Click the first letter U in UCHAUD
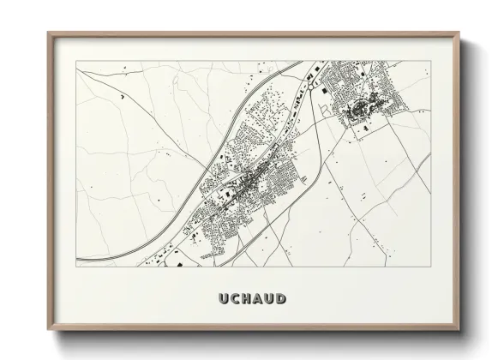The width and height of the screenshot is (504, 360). point(214,299)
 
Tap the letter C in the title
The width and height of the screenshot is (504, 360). point(228,299)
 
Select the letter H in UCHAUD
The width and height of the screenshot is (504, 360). point(242,299)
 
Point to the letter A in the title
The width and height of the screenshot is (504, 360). point(255,299)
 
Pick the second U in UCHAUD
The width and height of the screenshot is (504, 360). point(268,299)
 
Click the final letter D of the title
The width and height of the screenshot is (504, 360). point(282,299)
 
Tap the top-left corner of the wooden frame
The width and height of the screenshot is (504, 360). point(48,33)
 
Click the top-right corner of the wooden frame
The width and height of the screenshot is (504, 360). point(459,33)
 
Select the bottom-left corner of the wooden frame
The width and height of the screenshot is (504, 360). point(48,332)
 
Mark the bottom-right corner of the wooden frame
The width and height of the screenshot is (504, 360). point(459,332)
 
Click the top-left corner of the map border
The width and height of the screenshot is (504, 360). point(76,61)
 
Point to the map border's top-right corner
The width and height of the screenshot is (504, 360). point(431,61)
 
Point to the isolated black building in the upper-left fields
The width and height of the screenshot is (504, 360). point(123,98)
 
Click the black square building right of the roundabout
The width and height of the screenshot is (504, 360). point(327,83)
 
